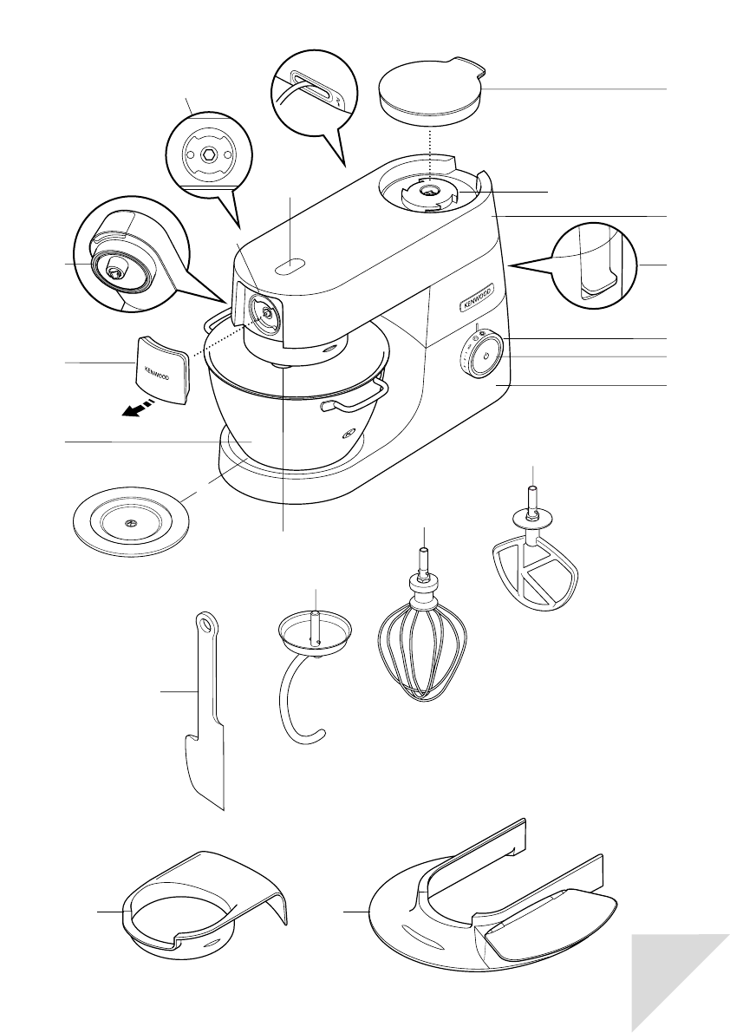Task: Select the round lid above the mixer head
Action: click(x=431, y=88)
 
